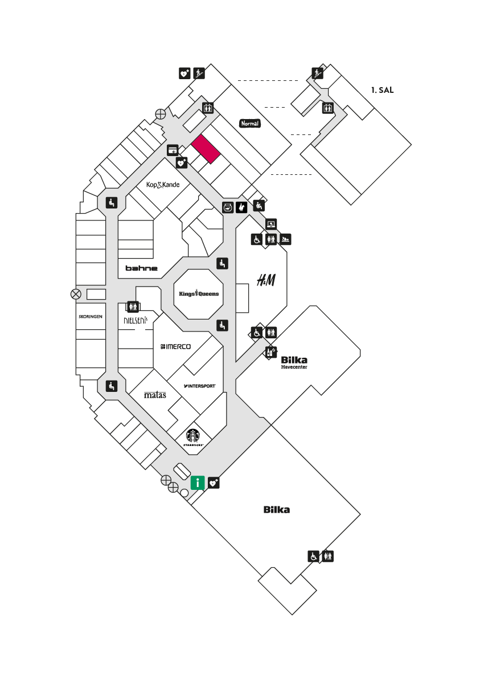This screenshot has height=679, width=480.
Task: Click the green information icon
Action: click(198, 482)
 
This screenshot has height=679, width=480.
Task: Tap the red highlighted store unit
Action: click(206, 149)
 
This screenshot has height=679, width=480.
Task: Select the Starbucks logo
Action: click(193, 438)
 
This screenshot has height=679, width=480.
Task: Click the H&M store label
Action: click(266, 280)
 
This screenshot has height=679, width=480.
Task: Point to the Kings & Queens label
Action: click(199, 293)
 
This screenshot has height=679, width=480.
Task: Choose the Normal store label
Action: click(250, 124)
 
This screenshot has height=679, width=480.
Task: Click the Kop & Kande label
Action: click(163, 185)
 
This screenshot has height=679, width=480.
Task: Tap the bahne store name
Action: click(141, 268)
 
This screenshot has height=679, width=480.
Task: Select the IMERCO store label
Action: click(176, 346)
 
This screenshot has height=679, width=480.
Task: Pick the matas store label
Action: click(155, 395)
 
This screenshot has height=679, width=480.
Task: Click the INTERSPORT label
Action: click(199, 386)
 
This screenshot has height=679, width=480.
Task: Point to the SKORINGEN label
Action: click(91, 317)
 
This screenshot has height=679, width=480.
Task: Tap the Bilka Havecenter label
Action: click(294, 362)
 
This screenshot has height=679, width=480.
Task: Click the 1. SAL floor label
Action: click(382, 90)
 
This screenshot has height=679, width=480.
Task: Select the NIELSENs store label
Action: click(136, 321)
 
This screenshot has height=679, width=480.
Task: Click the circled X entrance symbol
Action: click(76, 294)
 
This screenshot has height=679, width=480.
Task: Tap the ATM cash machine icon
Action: click(173, 150)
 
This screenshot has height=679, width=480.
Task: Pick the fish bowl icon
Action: click(228, 207)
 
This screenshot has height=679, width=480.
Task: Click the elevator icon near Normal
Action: click(208, 108)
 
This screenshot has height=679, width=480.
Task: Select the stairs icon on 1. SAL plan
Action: click(318, 73)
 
